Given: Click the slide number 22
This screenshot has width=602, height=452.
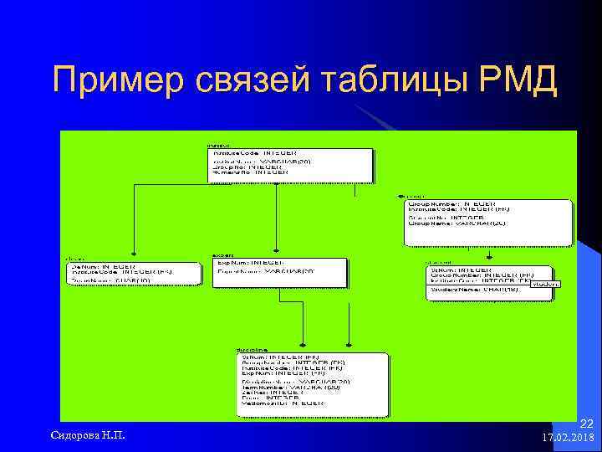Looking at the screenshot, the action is pyautogui.click(x=585, y=425).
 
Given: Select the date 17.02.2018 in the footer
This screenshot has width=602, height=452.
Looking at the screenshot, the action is pyautogui.click(x=568, y=438).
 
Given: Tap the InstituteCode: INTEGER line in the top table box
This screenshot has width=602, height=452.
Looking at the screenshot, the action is pyautogui.click(x=254, y=153).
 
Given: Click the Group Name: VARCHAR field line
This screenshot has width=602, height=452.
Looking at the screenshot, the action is pyautogui.click(x=457, y=223).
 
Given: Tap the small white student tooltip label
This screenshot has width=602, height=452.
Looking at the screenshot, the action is pyautogui.click(x=546, y=284).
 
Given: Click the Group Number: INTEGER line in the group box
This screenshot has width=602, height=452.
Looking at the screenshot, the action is pyautogui.click(x=451, y=203).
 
